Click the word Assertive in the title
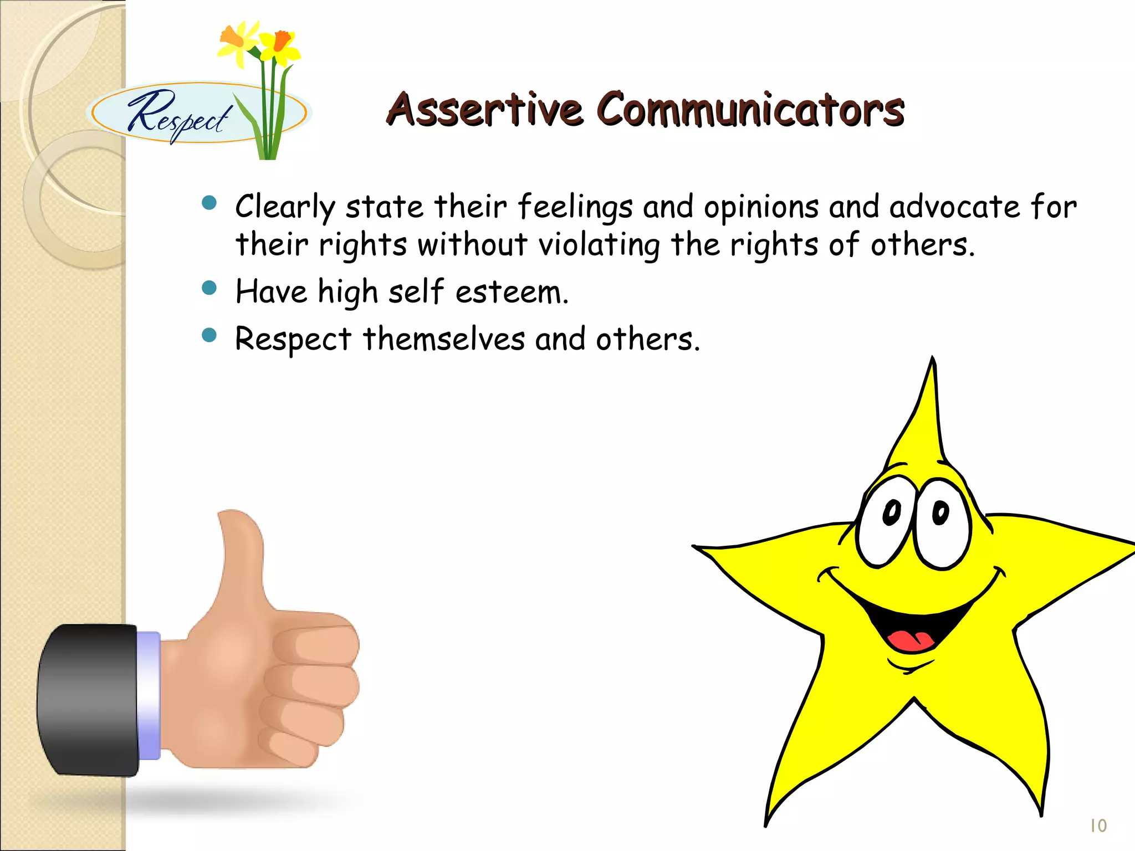point(484,109)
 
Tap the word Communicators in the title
point(750,109)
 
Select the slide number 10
point(1097,826)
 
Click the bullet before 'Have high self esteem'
point(209,288)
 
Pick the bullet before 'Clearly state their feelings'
point(209,203)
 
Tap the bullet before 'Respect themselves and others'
point(209,335)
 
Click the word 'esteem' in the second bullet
point(510,292)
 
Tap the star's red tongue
point(911,640)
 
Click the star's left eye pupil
point(892,512)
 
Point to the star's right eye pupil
point(940,512)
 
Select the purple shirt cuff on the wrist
point(149,695)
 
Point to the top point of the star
point(933,360)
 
